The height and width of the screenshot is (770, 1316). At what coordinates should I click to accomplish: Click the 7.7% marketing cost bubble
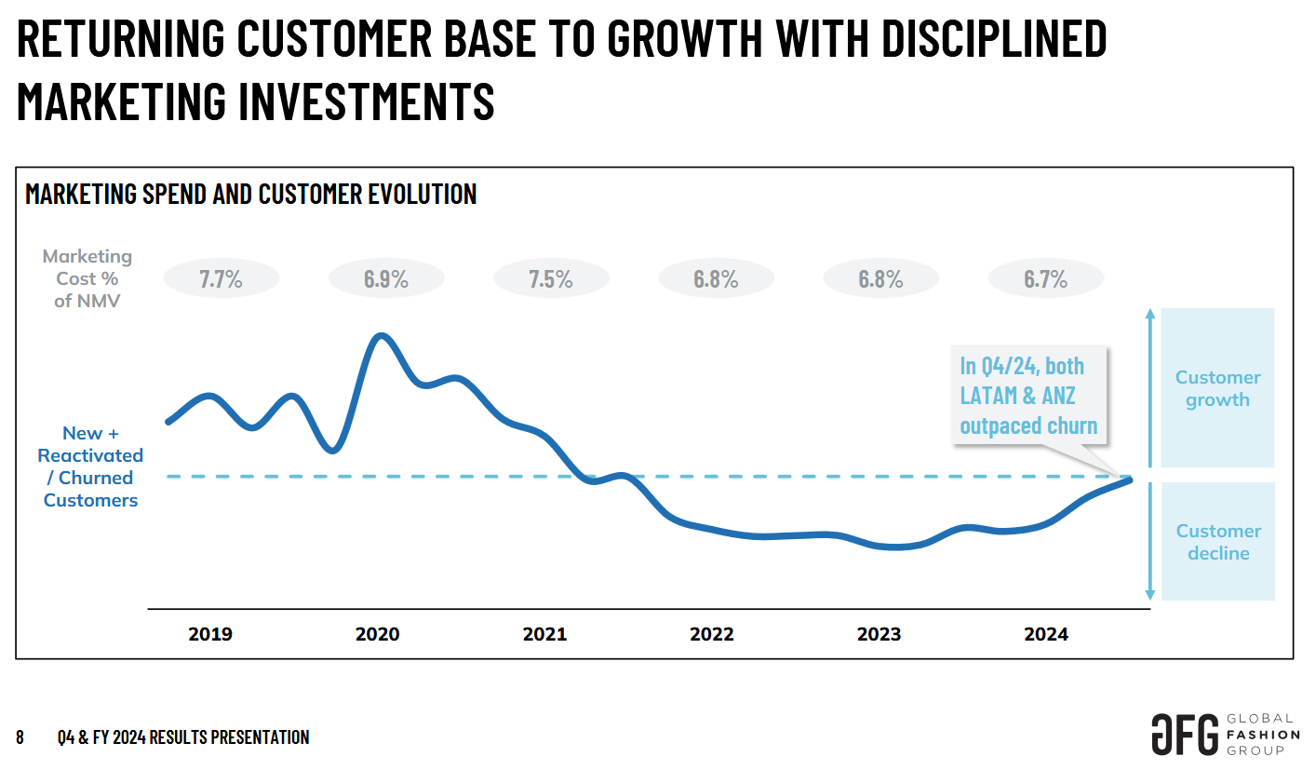pos(221,278)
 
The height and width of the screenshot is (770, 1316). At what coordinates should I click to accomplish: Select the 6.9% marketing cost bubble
pos(385,278)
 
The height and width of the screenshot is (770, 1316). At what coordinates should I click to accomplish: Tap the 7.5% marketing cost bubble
pos(550,278)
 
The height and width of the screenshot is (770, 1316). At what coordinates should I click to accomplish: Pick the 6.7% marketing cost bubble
pos(1045,278)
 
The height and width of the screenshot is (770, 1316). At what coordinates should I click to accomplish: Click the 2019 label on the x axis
pos(210,635)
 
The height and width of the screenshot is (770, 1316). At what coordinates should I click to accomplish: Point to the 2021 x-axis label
pos(544,635)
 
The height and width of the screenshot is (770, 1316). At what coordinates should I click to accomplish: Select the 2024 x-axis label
pos(1046,635)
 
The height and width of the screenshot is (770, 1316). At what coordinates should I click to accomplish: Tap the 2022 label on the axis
pos(712,635)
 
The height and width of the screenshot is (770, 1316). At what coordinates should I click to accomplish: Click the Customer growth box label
pos(1217,388)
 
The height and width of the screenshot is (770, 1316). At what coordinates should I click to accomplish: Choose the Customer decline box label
pos(1217,542)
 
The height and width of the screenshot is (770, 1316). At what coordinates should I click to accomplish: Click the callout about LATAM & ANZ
pos(1028,395)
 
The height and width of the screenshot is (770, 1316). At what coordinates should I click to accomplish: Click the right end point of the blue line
pos(1130,479)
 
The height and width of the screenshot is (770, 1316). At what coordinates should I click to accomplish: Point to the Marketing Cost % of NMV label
pos(87,278)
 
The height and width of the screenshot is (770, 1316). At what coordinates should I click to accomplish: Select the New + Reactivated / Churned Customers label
pos(90,466)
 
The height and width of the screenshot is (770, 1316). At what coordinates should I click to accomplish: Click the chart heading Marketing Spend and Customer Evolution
pos(251,194)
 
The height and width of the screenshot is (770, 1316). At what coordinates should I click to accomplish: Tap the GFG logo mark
pos(1184,735)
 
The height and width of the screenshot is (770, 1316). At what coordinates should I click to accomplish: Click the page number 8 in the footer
pos(20,737)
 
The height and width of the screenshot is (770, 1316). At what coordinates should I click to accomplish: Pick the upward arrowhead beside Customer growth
pos(1150,314)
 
